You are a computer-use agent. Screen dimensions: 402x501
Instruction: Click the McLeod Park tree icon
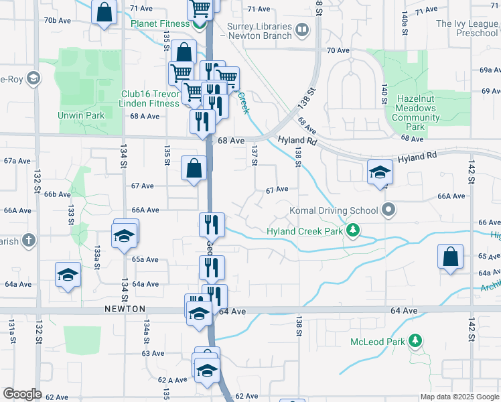coord(415,342)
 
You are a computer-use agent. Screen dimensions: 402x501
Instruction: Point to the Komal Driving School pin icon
coord(388,210)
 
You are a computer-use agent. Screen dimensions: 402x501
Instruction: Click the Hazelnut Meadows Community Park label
coord(416,113)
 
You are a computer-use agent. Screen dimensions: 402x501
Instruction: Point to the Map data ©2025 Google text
coord(459,397)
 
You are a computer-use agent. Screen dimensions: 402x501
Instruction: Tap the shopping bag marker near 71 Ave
coord(104,13)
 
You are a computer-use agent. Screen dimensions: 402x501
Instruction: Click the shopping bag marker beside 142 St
coord(450,257)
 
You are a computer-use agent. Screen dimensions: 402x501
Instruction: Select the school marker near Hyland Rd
coord(380,172)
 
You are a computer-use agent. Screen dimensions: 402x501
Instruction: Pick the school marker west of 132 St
coord(68,275)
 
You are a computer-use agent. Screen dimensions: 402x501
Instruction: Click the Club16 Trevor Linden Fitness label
coord(151,98)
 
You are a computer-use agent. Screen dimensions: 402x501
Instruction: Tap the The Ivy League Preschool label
coord(468,27)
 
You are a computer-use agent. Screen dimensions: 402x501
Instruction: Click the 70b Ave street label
coord(58,20)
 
